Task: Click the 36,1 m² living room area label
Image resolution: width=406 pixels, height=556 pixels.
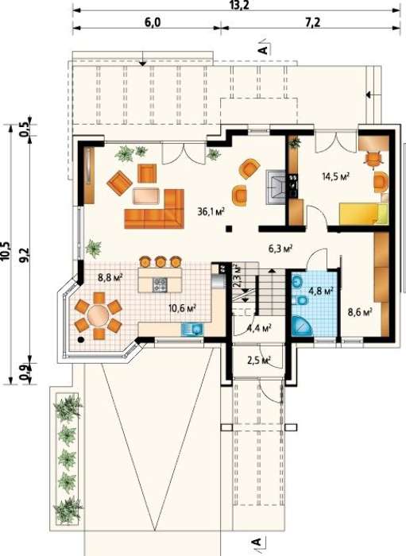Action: tap(211, 212)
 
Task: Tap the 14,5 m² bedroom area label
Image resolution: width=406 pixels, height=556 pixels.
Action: tap(336, 176)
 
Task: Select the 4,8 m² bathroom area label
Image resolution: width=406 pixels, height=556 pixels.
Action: tap(321, 292)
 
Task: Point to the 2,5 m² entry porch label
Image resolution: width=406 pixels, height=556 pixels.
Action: tap(258, 361)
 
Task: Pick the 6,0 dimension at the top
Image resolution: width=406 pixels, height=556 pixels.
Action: tap(153, 22)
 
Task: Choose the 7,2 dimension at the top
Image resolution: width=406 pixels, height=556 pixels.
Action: tap(312, 22)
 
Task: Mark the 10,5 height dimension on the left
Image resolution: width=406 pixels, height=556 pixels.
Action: tap(6, 253)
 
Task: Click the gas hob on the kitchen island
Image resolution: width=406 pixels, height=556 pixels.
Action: tap(160, 284)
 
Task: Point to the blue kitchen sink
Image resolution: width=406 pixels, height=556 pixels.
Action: tap(191, 329)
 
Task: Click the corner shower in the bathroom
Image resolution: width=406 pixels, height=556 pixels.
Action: tap(302, 326)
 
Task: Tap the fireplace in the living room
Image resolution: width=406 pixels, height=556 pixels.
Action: tap(276, 187)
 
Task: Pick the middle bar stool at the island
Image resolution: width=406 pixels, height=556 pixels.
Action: tap(160, 261)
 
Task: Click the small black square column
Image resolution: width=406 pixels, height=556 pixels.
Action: tap(230, 229)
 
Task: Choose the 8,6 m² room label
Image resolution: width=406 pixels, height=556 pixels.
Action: tap(360, 312)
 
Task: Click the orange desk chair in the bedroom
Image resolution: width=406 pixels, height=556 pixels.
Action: tap(373, 159)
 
